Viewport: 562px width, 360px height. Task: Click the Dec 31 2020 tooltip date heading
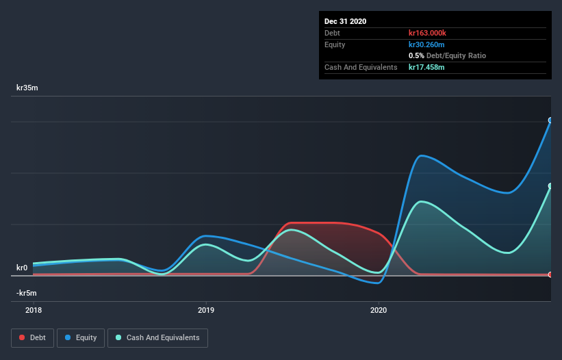tap(346, 21)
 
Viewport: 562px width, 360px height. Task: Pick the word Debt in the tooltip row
tap(333, 33)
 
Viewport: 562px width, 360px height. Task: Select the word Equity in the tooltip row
tap(335, 44)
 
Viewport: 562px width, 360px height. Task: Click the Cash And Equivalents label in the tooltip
tap(361, 67)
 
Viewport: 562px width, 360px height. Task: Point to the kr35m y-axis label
tap(27, 88)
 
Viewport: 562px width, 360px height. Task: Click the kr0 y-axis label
tap(22, 268)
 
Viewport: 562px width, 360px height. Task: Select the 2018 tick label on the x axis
tap(33, 310)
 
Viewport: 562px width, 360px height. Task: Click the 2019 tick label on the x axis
tap(205, 310)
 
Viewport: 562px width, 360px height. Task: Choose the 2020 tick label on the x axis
tap(378, 310)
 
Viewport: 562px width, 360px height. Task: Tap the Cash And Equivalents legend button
tap(157, 337)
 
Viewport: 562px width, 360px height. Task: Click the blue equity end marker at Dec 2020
tap(550, 120)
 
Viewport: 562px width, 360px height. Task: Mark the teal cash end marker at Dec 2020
tap(550, 185)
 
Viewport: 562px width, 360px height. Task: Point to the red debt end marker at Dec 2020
tap(550, 274)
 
